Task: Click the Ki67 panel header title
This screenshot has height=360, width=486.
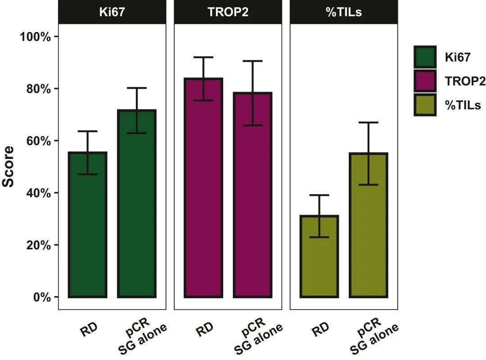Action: (x=112, y=12)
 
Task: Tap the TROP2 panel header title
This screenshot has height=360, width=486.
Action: (x=228, y=12)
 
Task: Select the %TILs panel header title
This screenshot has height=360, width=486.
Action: (x=343, y=12)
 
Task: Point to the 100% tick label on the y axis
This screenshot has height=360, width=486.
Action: (x=36, y=36)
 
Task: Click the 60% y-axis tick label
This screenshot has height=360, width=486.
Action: (x=39, y=141)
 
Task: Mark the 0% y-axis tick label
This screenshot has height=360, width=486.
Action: (x=42, y=297)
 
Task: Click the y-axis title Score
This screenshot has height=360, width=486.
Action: (x=9, y=167)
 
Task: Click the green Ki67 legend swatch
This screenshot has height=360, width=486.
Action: (x=425, y=57)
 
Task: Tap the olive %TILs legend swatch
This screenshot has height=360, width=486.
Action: (x=425, y=105)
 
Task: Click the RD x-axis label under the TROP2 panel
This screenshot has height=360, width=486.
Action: (x=205, y=330)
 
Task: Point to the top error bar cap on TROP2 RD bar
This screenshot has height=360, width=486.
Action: (x=203, y=57)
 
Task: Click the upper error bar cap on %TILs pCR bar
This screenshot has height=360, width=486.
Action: (x=368, y=122)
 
